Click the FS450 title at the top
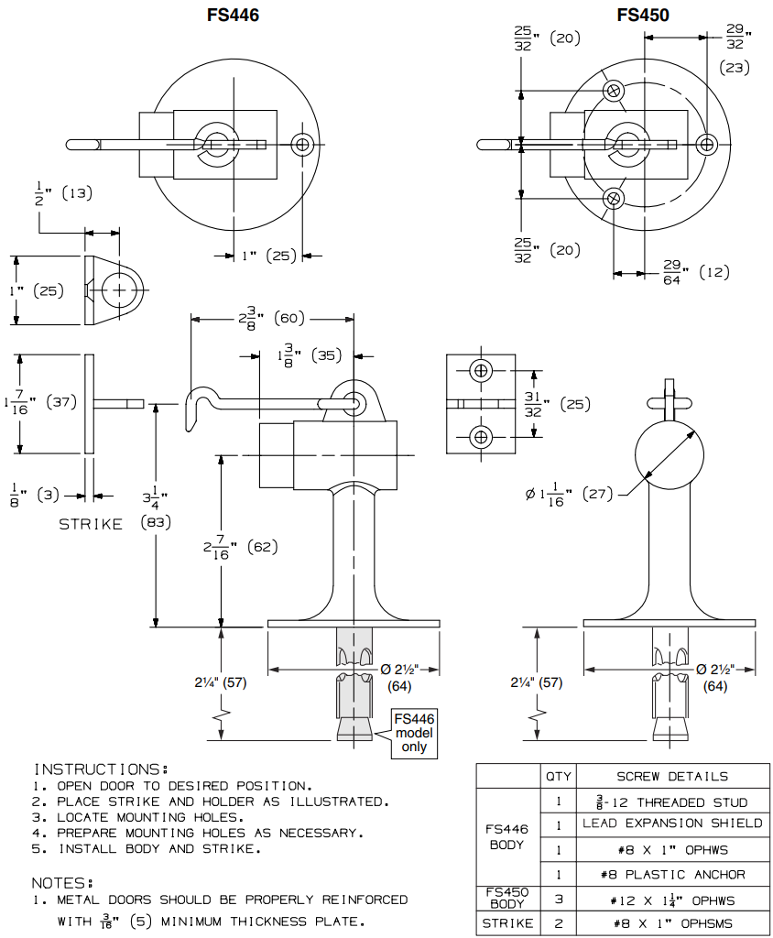(643, 15)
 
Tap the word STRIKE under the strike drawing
(91, 525)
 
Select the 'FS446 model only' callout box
(414, 733)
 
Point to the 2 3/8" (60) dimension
(271, 319)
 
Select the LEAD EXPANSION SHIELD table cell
(672, 823)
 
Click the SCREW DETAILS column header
(672, 777)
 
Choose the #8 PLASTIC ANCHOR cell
(672, 875)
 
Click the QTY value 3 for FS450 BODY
(558, 900)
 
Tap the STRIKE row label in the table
(507, 923)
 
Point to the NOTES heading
(62, 882)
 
